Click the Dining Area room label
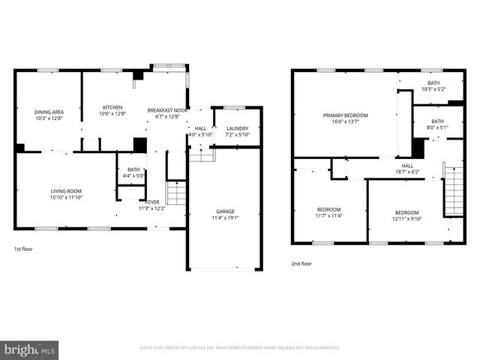[47, 112]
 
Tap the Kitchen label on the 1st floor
[112, 107]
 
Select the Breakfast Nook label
[166, 109]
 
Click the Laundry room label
[237, 128]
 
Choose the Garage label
[224, 212]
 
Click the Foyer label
[152, 202]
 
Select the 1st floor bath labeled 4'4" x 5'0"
[133, 173]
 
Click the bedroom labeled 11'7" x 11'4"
[328, 212]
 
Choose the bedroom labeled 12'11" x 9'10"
[407, 215]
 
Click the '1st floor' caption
[23, 248]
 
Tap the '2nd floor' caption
[301, 263]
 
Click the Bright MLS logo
[30, 350]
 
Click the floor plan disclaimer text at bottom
[240, 348]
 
